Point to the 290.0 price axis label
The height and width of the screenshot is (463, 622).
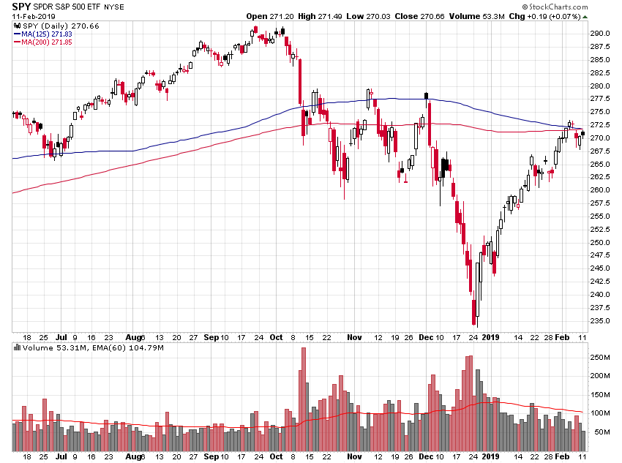(x=602, y=34)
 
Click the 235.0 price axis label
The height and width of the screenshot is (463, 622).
(x=602, y=320)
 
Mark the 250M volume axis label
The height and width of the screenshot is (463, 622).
(x=602, y=358)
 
